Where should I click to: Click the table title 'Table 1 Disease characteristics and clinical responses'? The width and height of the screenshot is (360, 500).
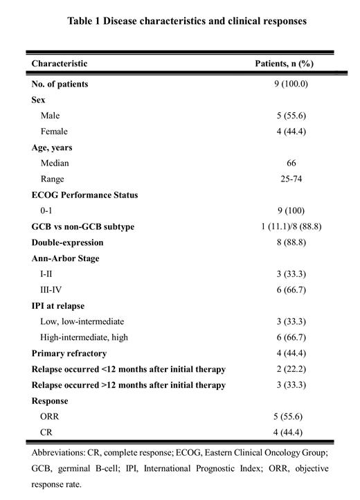[187, 21]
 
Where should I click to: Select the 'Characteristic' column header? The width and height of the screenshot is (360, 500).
[60, 63]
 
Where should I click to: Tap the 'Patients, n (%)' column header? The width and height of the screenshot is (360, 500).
[285, 63]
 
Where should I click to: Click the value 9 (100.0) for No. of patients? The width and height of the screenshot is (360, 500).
[285, 84]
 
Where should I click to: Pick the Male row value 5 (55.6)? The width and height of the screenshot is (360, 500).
[285, 116]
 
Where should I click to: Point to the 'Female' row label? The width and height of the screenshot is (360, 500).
[54, 131]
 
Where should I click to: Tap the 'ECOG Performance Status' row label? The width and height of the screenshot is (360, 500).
[84, 195]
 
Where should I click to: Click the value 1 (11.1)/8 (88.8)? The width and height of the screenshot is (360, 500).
[285, 226]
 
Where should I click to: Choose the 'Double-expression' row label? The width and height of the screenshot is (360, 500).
[67, 242]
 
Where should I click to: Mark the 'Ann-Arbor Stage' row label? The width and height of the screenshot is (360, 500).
[65, 258]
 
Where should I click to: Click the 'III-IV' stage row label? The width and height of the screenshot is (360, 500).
[52, 289]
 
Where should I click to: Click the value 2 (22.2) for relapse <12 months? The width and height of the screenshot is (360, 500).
[285, 368]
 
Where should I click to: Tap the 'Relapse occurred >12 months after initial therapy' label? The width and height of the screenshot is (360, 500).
[129, 384]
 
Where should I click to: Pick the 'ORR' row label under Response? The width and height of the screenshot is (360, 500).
[51, 416]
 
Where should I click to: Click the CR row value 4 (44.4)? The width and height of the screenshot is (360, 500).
[285, 432]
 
